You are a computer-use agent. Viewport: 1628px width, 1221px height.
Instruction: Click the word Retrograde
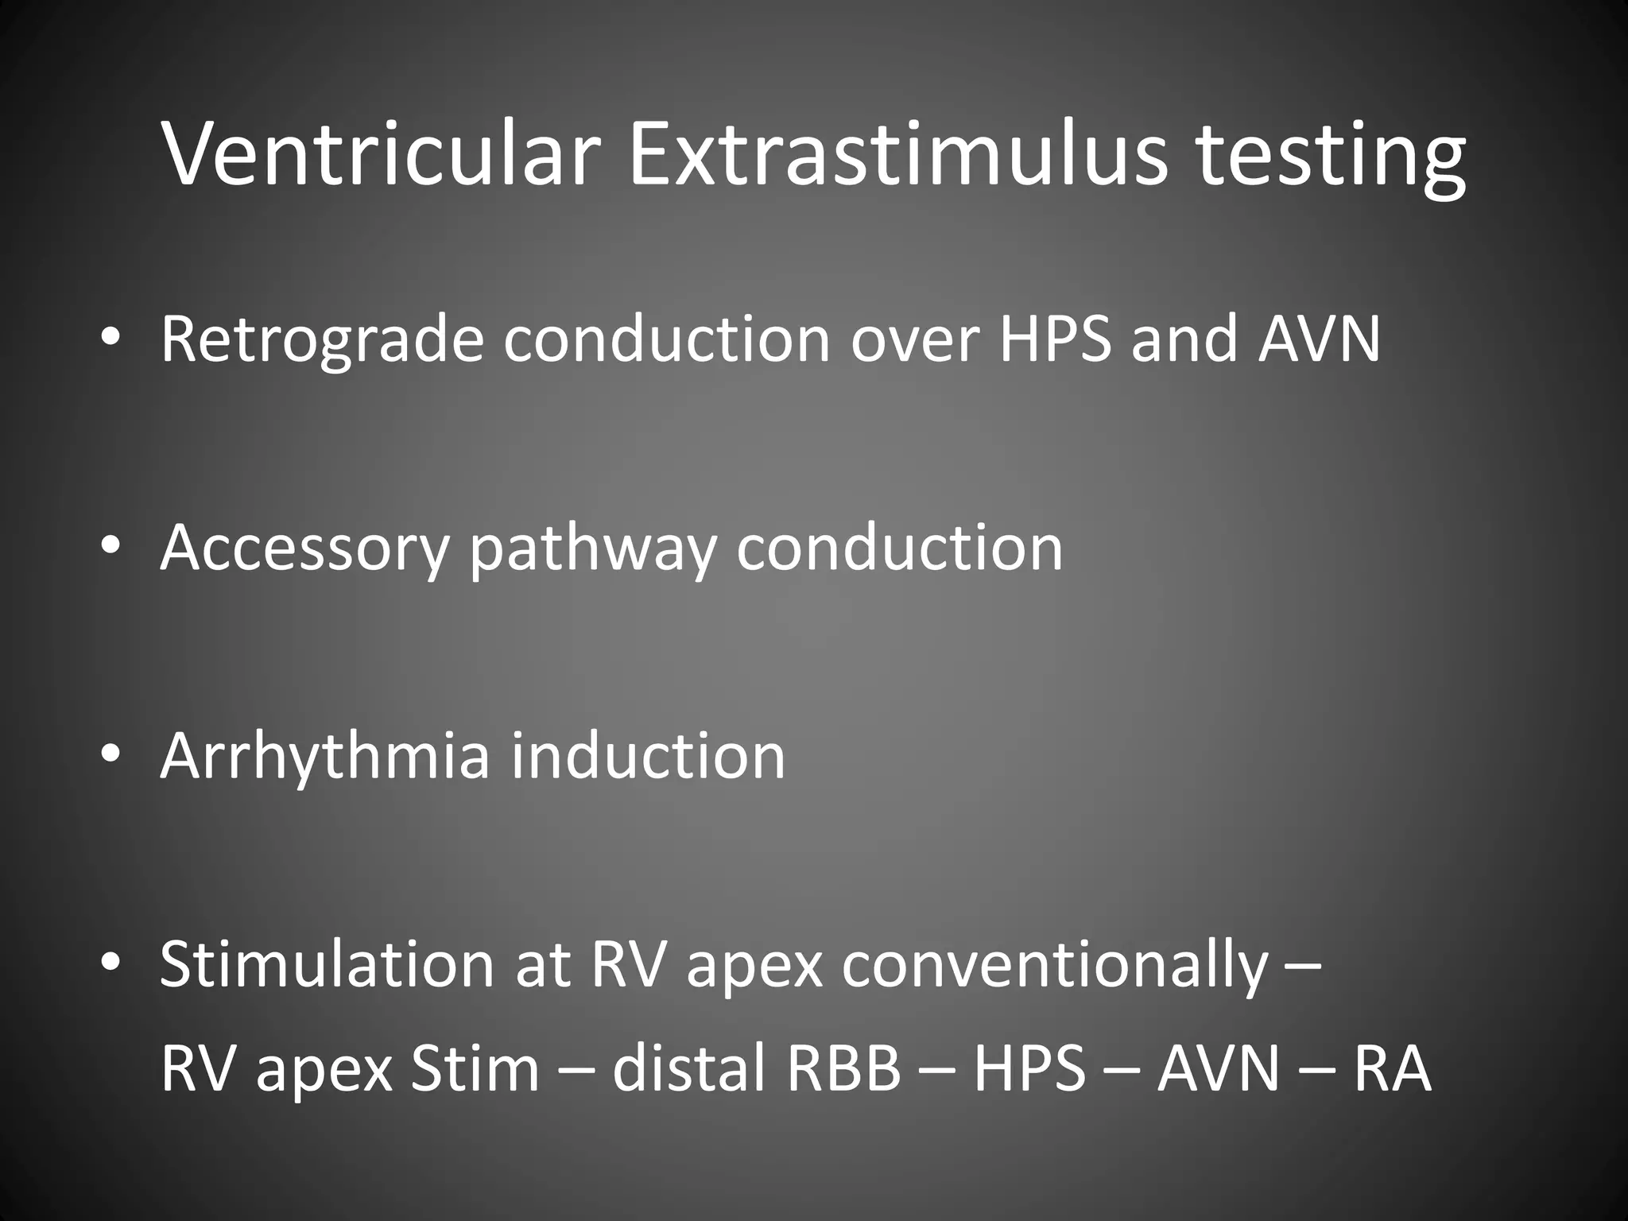point(321,340)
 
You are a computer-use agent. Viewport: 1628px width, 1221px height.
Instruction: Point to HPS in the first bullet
point(1055,339)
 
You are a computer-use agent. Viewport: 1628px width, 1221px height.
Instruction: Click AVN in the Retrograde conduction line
point(1319,339)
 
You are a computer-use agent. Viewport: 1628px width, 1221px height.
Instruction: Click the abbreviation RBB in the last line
point(843,1068)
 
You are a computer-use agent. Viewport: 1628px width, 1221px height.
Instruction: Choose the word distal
point(688,1068)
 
